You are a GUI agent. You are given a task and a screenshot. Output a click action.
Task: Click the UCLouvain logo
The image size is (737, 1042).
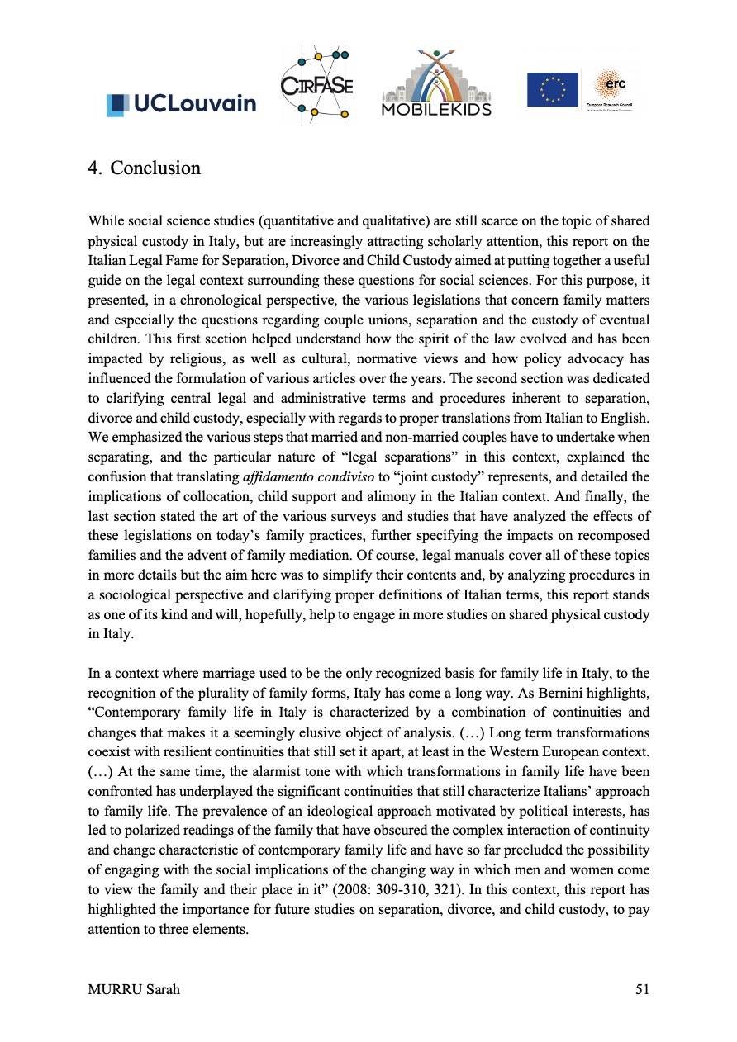point(181,104)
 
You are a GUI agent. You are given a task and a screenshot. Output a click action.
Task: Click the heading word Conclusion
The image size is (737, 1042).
point(155,168)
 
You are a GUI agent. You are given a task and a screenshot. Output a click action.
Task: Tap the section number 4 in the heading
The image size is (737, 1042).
point(93,168)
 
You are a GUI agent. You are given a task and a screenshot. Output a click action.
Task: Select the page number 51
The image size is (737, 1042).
point(641,990)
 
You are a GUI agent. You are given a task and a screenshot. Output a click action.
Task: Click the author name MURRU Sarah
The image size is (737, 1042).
point(133,990)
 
